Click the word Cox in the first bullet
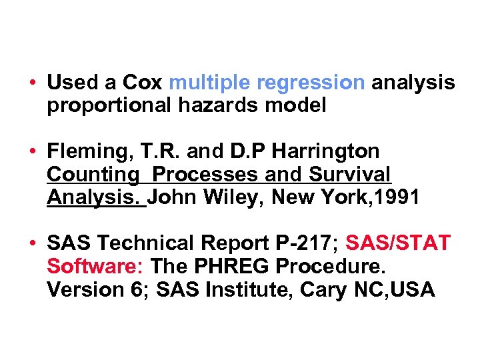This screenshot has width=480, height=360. pos(142,83)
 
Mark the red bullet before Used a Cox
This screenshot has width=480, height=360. pos(32,83)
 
